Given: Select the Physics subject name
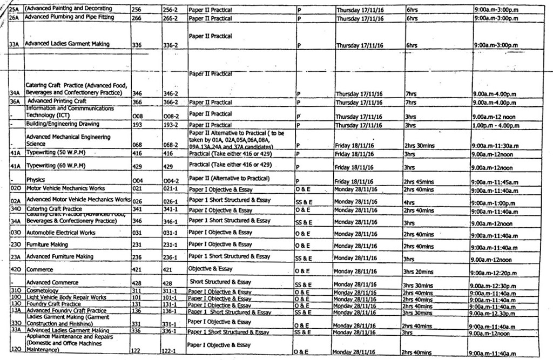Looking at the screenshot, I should [36, 179].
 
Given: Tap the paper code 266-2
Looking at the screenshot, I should [171, 18].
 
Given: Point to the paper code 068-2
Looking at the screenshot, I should [171, 145].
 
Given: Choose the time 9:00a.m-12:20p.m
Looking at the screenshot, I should [494, 271].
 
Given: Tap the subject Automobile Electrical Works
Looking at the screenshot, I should [61, 233].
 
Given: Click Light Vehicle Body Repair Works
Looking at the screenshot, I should [66, 297].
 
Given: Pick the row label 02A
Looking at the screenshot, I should [15, 201].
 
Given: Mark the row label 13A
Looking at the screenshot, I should [15, 311].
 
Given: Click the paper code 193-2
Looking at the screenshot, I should [171, 125].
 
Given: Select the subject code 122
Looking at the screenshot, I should [137, 351].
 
